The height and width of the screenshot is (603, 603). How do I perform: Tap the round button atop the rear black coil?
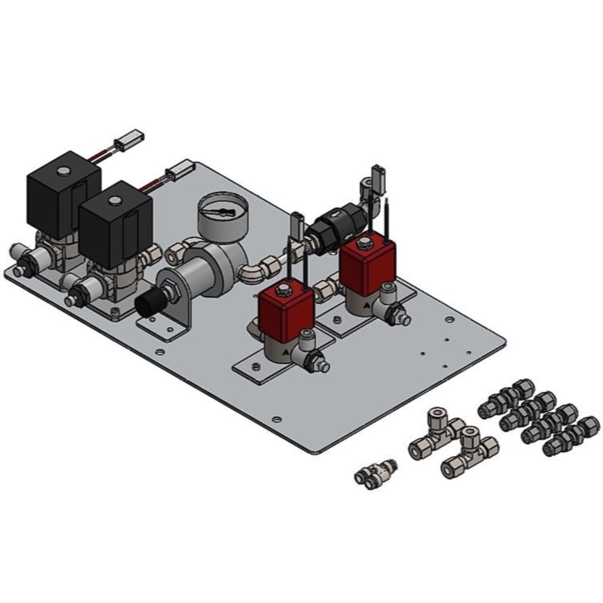[x=64, y=170]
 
